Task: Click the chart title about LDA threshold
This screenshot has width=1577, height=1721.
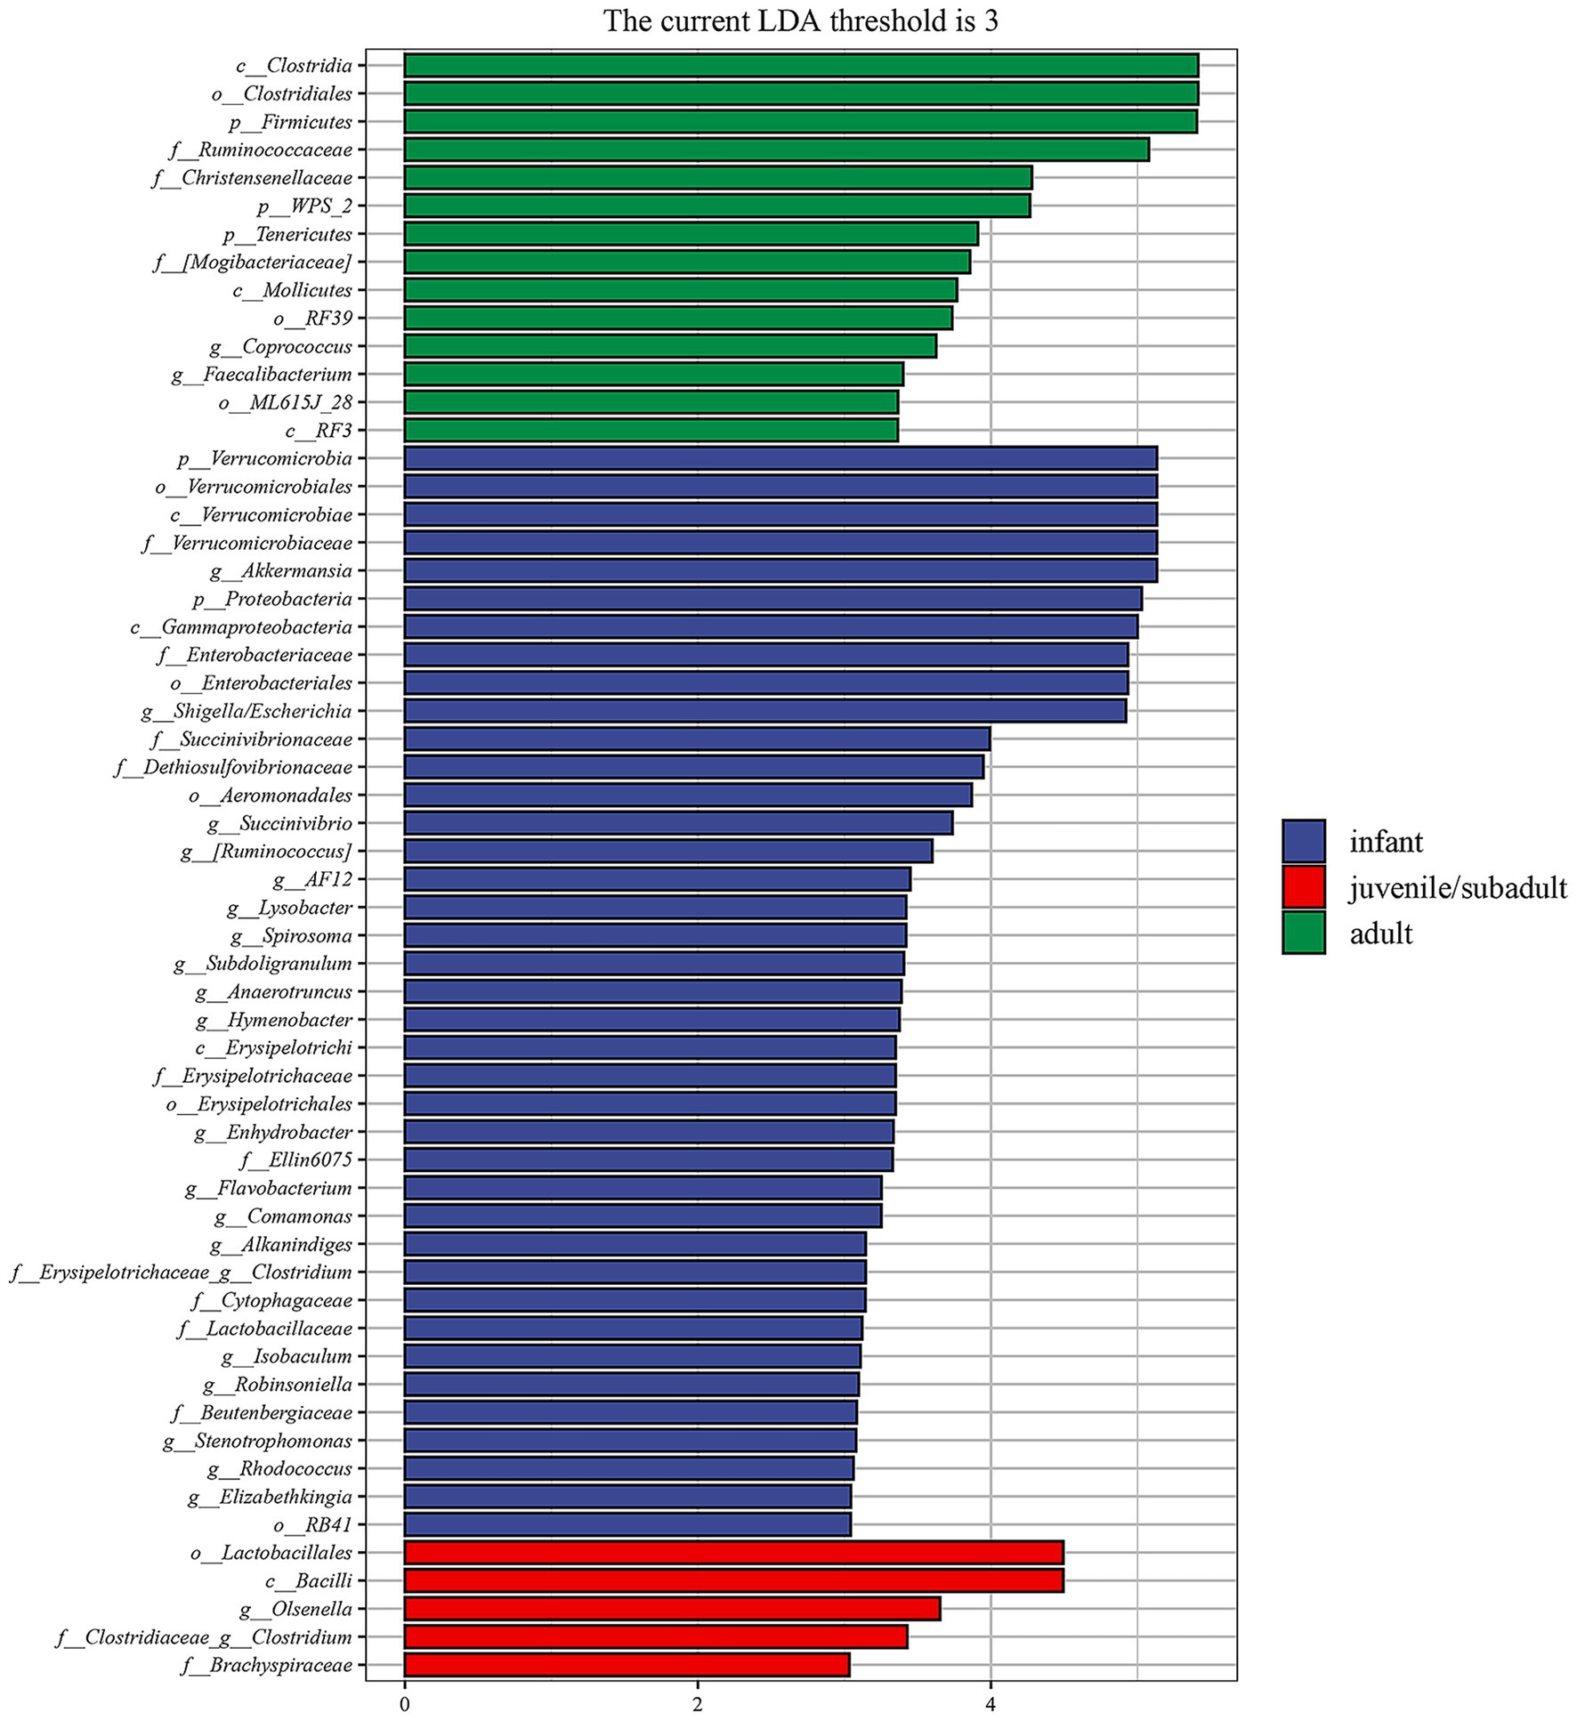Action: [800, 20]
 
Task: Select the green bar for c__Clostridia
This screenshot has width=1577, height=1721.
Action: [801, 66]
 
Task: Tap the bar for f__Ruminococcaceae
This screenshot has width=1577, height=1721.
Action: [776, 149]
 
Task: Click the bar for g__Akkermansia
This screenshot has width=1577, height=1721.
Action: [780, 570]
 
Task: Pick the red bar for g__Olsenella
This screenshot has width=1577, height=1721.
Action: [672, 1609]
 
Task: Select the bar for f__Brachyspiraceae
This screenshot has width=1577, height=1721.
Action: [627, 1665]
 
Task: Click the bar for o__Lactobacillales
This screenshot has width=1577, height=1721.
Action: [733, 1553]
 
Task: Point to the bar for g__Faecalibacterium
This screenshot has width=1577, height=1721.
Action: [653, 375]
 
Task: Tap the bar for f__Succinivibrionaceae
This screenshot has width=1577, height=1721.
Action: [697, 739]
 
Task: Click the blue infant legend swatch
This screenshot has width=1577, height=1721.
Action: [1304, 842]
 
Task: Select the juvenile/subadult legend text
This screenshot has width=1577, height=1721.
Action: [1458, 887]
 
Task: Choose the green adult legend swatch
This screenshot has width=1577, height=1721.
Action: [1304, 933]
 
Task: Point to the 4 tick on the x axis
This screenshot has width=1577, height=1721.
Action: [991, 1704]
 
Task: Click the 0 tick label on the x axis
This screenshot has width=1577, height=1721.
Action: [405, 1704]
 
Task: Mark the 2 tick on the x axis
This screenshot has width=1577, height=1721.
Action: [698, 1704]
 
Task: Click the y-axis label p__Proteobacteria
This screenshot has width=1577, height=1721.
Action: [272, 599]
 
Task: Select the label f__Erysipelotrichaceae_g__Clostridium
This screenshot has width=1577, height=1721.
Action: [182, 1273]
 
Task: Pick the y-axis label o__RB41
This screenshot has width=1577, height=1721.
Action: [313, 1525]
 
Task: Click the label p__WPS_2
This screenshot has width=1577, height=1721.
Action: [304, 206]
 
